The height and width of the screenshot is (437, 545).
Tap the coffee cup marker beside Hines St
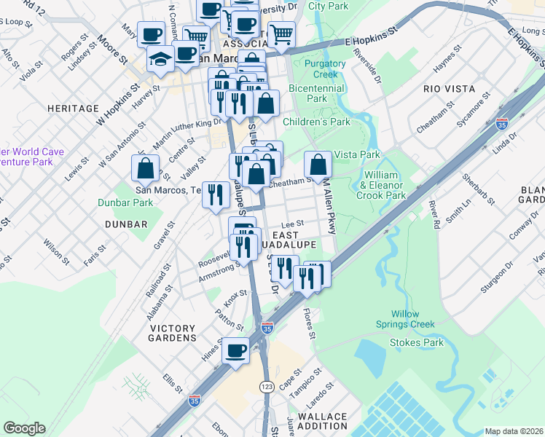(x=235, y=351)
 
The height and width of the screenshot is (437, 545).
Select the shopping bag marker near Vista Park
(x=318, y=165)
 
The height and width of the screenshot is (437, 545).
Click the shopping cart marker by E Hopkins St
(x=281, y=33)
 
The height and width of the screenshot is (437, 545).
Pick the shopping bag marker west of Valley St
(x=146, y=168)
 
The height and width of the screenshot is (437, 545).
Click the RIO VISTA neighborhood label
(x=450, y=89)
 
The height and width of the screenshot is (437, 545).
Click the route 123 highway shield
(x=267, y=383)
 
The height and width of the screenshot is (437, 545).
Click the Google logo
(x=24, y=428)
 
